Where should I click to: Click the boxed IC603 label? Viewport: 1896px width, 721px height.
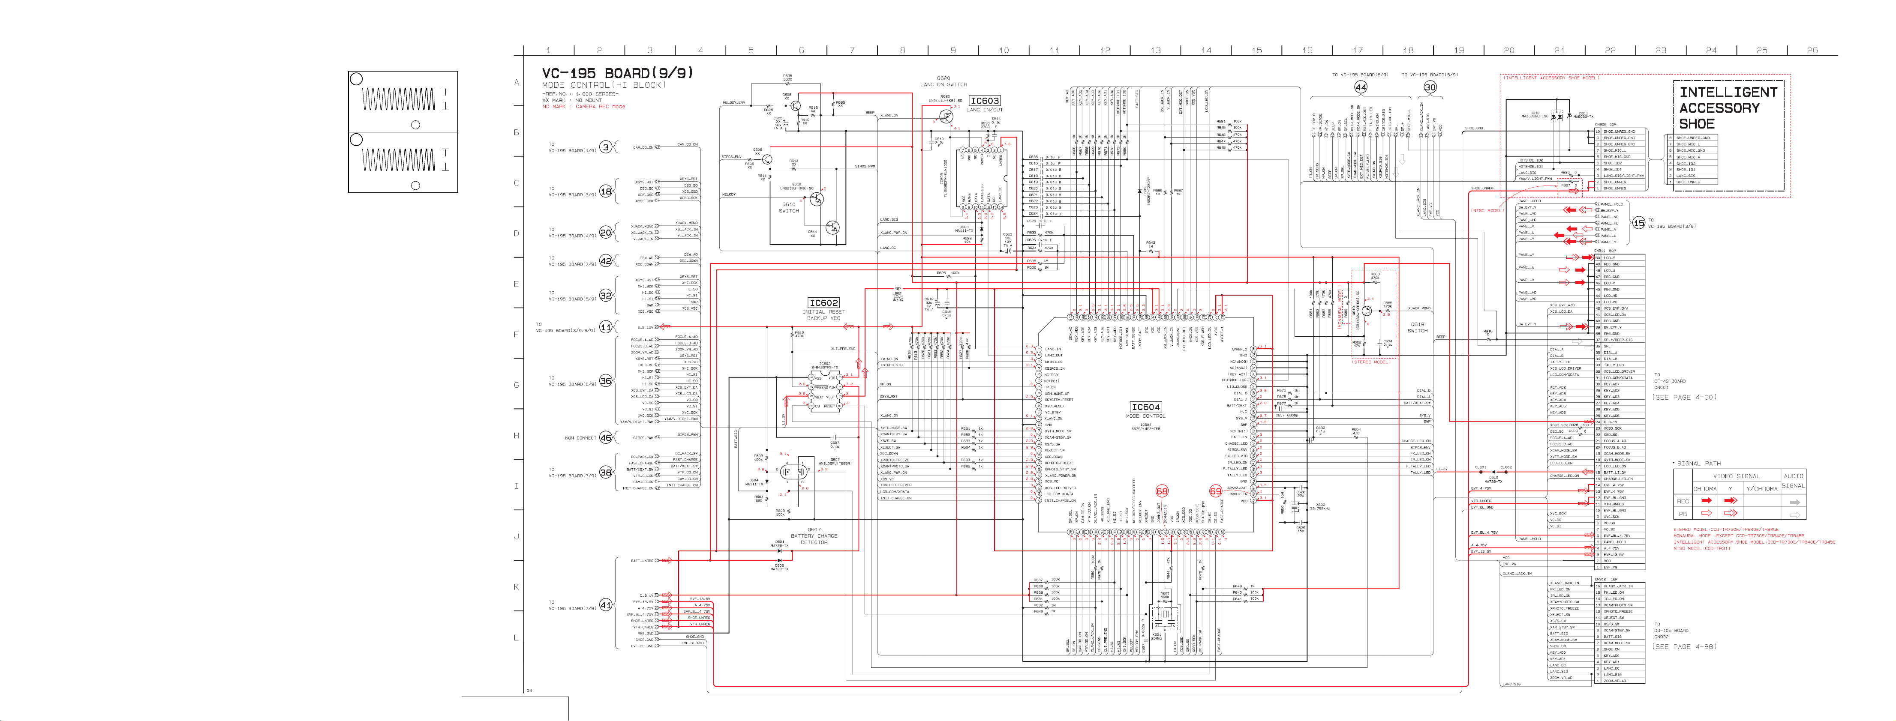[984, 101]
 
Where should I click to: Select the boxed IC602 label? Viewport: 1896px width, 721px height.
[823, 302]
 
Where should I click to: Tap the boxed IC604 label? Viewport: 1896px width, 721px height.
[1145, 407]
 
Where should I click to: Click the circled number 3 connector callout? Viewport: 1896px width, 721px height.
[606, 147]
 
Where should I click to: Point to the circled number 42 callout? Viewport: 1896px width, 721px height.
[606, 260]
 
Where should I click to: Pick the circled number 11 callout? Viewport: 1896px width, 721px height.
[606, 327]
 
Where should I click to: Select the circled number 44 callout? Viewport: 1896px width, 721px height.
[1360, 87]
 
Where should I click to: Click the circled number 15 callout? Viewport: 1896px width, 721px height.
[1638, 223]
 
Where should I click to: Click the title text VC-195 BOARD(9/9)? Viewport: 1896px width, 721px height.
[617, 73]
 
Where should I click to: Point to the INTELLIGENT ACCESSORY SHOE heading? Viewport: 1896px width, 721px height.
[1728, 108]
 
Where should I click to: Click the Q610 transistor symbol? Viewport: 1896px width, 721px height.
[815, 199]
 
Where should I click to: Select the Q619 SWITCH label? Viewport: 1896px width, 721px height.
[1418, 327]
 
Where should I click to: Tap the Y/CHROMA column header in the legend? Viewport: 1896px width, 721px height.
[1761, 488]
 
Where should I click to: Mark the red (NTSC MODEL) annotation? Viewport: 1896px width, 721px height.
[1487, 210]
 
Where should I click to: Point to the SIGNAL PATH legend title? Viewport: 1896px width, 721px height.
[1699, 464]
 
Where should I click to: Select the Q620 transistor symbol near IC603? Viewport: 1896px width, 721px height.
[946, 116]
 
